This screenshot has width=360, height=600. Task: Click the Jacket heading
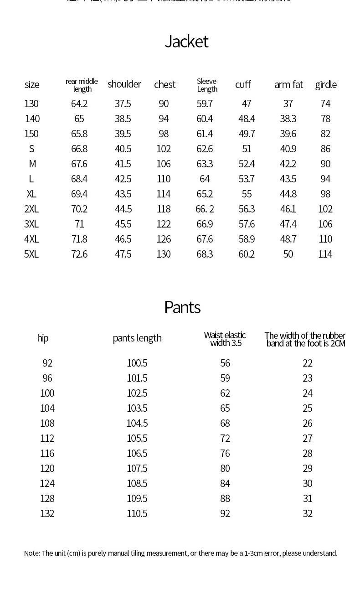pos(186,41)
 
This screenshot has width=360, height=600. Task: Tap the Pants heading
pos(182,307)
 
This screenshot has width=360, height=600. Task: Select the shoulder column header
pos(124,84)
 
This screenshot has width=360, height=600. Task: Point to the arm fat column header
pos(288,85)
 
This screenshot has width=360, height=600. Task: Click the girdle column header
pos(326,85)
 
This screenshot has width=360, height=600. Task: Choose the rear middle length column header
pos(82,85)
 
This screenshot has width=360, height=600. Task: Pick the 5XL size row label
pos(31,254)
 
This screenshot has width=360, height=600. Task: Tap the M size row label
pos(32,164)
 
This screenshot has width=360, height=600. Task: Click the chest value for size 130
pos(164,104)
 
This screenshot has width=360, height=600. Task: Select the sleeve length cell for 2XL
pos(205,209)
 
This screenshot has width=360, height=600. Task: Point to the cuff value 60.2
pos(247,254)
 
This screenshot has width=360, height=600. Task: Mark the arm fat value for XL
pos(288,194)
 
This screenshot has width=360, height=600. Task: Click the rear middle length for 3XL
pos(79,224)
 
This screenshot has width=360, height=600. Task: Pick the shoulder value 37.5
pos(123,104)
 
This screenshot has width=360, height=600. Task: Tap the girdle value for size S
pos(325,149)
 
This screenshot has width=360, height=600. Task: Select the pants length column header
pos(137,338)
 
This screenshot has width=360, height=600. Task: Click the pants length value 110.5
pos(137,514)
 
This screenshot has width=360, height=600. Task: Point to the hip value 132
pos(47,514)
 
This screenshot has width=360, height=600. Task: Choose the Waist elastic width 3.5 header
pos(225,339)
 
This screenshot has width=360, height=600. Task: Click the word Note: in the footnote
pos(32,553)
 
